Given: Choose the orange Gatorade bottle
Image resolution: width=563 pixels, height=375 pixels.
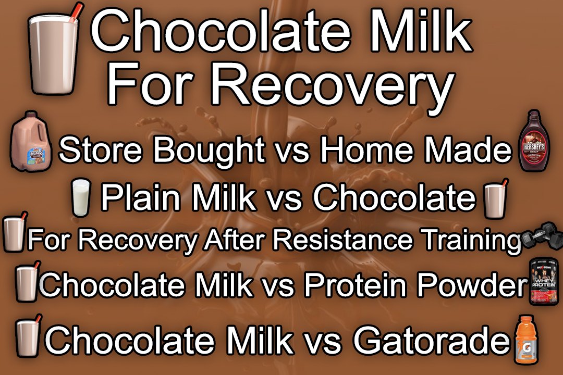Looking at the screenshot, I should point(525,341).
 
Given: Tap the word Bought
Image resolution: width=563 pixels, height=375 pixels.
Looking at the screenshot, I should point(209,150).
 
